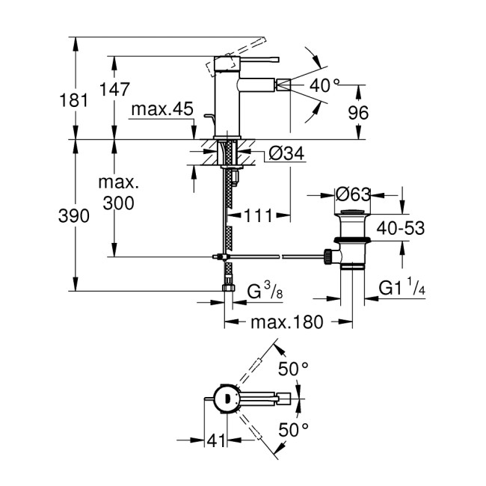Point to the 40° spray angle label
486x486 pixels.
(x=325, y=86)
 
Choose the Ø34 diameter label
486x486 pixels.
(x=284, y=154)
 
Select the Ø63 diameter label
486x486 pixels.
(x=354, y=196)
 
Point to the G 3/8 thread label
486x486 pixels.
(x=266, y=289)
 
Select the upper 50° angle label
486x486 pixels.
(x=294, y=368)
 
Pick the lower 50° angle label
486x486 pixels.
(x=294, y=428)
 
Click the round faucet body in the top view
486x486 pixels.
(x=224, y=399)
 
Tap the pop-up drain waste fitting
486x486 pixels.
(x=349, y=241)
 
